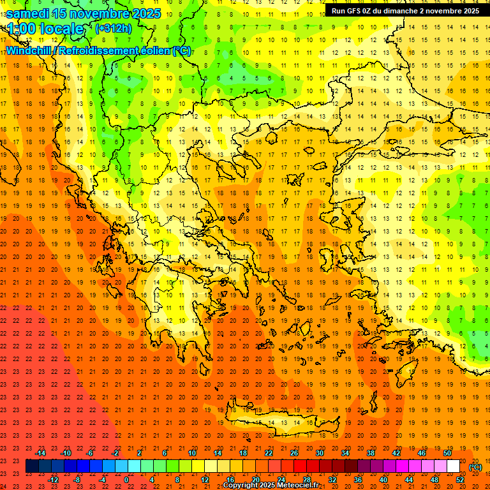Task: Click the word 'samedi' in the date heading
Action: coord(27,13)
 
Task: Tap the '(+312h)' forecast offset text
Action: coord(113,28)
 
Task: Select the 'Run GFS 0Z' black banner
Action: coord(405,11)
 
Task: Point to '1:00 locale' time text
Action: coord(46,29)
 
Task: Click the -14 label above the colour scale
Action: coord(40,453)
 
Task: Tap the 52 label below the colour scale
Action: coord(460,480)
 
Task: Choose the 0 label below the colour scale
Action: coord(126,480)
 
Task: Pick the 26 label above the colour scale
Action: coord(294,453)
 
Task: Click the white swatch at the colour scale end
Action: coord(453,466)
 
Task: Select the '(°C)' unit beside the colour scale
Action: coord(475,467)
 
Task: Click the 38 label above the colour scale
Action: coord(371,453)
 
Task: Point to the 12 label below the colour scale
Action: coord(205,480)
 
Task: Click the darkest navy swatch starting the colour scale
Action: coord(32,466)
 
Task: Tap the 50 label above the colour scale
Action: coord(447,453)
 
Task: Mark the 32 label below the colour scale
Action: coord(332,480)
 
